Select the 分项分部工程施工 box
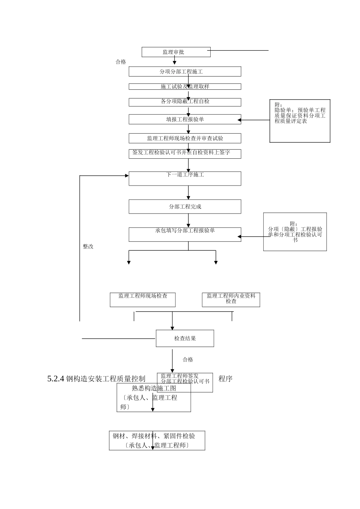point(185,72)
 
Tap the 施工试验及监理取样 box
point(185,87)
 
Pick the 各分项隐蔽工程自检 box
point(185,102)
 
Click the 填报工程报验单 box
point(185,120)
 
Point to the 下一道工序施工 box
point(185,178)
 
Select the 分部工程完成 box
point(185,207)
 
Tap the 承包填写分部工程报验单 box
point(185,234)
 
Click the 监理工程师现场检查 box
point(142,300)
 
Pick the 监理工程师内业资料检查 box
point(231,299)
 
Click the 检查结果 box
point(185,339)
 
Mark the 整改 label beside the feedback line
point(88,247)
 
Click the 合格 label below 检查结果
point(188,359)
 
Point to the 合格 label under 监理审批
point(121,62)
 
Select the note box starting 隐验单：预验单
point(300,120)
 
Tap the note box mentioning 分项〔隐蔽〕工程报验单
point(295,232)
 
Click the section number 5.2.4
point(56,379)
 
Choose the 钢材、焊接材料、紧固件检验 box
point(157,440)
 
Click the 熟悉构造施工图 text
point(154,388)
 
